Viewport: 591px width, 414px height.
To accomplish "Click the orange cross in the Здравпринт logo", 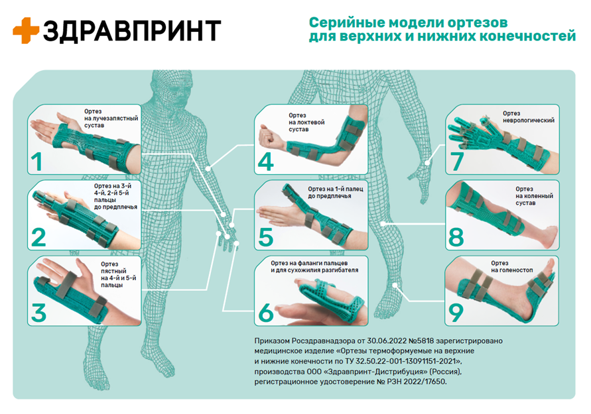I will (x=26, y=30).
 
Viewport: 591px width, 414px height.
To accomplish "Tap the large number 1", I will (x=38, y=160).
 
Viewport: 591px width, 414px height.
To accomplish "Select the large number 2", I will (x=38, y=236).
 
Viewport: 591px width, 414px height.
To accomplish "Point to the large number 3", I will (x=38, y=312).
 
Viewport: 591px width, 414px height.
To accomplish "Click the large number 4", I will (x=266, y=160).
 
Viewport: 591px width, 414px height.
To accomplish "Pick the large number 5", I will (x=266, y=236).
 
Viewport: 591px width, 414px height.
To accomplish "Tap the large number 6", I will (x=266, y=312).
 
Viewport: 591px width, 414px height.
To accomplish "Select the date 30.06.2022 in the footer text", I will (x=368, y=339).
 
